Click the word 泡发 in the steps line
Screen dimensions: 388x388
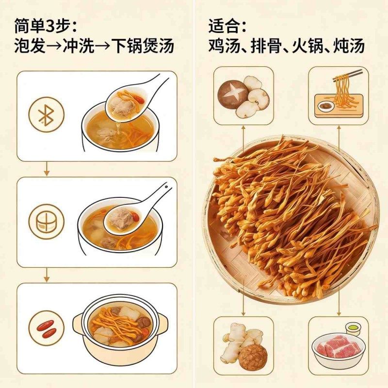click(30, 47)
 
